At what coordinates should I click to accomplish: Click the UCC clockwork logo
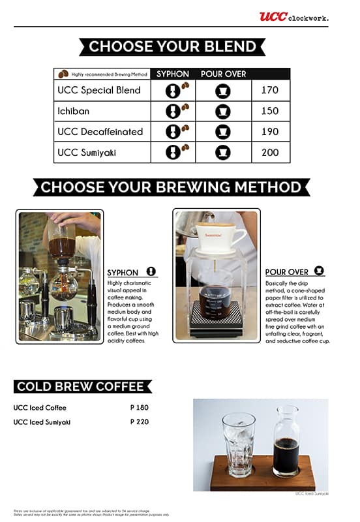293,17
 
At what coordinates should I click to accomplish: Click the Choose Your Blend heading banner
172,46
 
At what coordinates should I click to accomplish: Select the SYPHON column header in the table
172,74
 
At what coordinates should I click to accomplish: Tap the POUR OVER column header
223,74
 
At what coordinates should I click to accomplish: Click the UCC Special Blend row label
99,90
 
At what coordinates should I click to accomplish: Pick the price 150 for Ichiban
269,111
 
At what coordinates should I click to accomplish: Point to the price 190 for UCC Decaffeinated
269,131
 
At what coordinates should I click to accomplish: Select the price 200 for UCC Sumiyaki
269,152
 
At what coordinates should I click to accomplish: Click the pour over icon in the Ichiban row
223,111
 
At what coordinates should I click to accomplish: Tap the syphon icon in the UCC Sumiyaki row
172,153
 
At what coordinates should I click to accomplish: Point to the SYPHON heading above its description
123,273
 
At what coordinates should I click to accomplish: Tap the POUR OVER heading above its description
287,271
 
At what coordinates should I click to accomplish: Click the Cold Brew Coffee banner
80,386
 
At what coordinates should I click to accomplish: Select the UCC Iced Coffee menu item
40,408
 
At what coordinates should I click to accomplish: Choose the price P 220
140,422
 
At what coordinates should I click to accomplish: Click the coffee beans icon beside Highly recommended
63,74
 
